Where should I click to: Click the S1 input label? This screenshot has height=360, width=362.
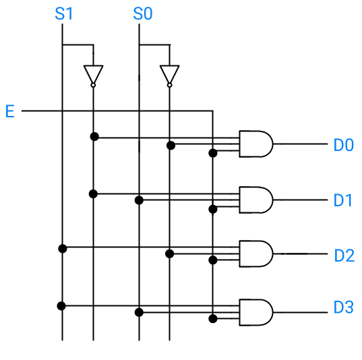point(64,13)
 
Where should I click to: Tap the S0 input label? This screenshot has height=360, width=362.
point(143,13)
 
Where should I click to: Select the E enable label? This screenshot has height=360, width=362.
point(10,111)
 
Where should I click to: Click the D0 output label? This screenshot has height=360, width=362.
point(344,145)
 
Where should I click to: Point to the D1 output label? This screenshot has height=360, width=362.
point(343,200)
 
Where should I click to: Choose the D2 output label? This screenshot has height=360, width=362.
point(344,255)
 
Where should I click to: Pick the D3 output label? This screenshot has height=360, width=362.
point(344,307)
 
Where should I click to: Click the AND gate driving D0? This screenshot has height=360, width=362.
point(256,144)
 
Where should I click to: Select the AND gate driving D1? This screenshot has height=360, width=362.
point(256,200)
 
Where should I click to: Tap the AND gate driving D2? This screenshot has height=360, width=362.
point(256,253)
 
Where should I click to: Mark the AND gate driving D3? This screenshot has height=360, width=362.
point(256,312)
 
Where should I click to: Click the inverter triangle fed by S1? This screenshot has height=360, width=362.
point(93,73)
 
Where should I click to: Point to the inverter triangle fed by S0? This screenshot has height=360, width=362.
point(169,73)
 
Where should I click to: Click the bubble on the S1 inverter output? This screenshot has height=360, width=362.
point(93,85)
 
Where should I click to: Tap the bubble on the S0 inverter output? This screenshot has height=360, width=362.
point(169,85)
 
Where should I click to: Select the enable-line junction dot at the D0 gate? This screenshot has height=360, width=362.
point(213,153)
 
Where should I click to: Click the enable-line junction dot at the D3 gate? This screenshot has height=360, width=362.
point(213,319)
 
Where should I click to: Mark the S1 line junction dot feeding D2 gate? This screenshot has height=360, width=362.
point(63,249)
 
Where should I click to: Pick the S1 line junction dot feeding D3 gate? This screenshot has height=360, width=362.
point(61,306)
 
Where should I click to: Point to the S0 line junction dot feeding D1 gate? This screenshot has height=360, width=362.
point(139,200)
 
